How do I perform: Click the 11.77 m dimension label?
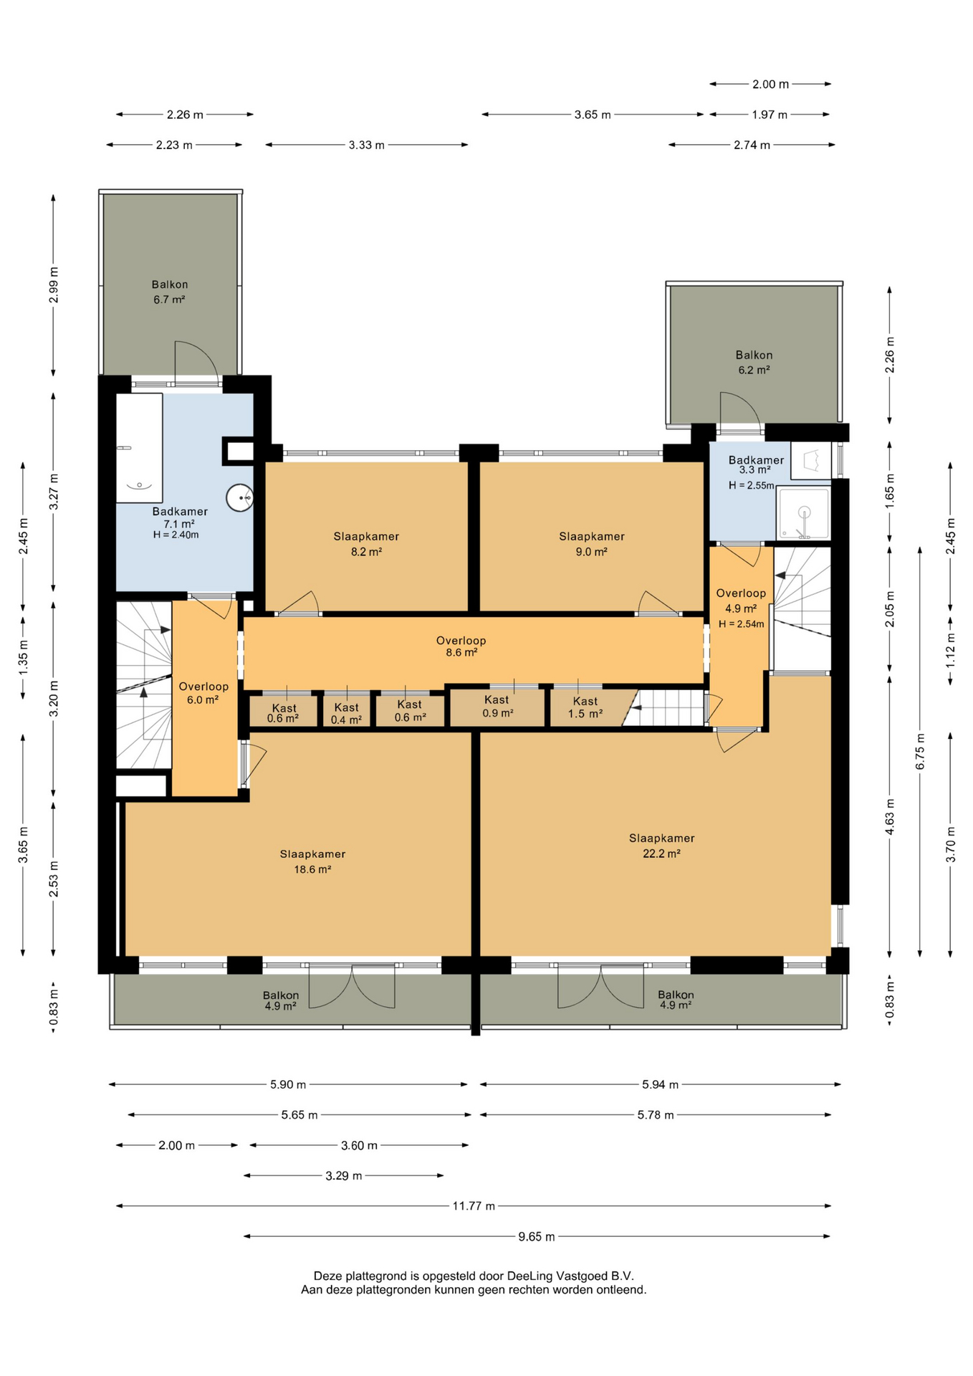474,1206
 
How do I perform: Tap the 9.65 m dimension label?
537,1236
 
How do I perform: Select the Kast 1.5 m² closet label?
585,707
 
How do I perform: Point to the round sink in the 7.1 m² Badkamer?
239,497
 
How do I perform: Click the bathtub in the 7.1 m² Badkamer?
140,448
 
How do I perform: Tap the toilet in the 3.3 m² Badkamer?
811,461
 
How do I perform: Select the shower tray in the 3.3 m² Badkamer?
804,514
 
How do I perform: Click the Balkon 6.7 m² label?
170,292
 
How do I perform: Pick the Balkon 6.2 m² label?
754,362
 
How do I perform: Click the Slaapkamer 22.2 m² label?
662,846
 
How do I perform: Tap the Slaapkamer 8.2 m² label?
366,544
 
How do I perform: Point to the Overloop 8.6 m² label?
461,646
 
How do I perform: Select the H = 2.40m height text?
176,535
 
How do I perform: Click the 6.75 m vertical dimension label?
921,752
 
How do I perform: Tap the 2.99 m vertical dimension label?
54,285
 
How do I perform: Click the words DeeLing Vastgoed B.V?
570,1276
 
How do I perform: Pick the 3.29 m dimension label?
344,1176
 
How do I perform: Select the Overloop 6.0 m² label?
203,693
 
